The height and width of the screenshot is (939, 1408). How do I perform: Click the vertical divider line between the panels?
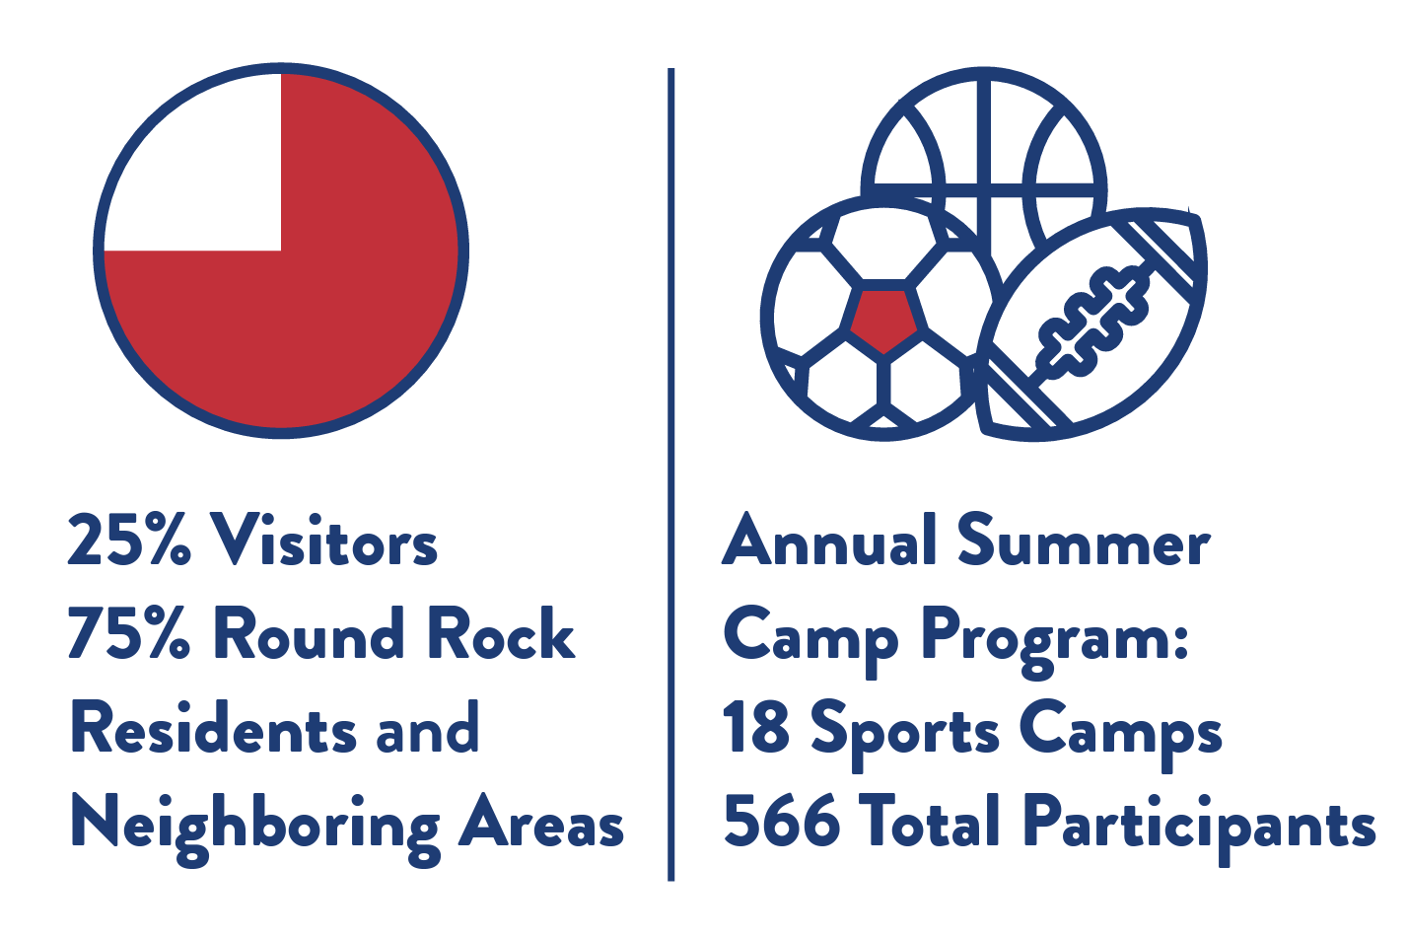(670, 474)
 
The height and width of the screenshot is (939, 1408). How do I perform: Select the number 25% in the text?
(129, 539)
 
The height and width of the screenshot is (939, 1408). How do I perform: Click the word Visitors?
(324, 539)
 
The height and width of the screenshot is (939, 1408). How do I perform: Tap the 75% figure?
(129, 633)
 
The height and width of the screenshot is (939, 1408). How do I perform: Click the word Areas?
(541, 821)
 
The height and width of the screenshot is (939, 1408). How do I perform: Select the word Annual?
(830, 539)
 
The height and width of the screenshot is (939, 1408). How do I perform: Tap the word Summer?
(1084, 539)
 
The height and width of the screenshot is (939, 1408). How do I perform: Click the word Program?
(1055, 640)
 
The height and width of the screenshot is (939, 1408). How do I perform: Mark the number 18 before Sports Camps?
(756, 727)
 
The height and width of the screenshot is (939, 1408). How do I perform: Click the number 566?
(781, 821)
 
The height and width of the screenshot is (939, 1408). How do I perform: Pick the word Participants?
(1199, 829)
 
